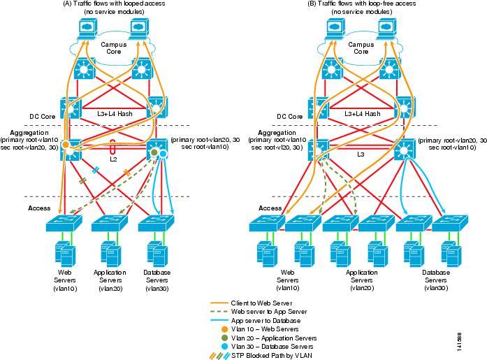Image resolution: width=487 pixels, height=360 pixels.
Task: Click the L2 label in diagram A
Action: tap(113, 159)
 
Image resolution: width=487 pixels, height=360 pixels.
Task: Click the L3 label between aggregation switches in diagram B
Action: tap(362, 154)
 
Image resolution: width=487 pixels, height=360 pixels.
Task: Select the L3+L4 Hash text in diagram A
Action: tap(116, 113)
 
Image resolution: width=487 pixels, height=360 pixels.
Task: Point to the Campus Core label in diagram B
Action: tap(361, 48)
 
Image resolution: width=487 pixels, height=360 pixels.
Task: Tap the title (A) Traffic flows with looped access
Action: tap(115, 4)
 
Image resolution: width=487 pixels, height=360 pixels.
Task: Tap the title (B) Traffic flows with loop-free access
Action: tap(361, 4)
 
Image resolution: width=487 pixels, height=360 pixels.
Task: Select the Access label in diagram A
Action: tap(39, 208)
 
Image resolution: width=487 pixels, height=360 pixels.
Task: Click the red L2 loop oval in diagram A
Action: tap(113, 147)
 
